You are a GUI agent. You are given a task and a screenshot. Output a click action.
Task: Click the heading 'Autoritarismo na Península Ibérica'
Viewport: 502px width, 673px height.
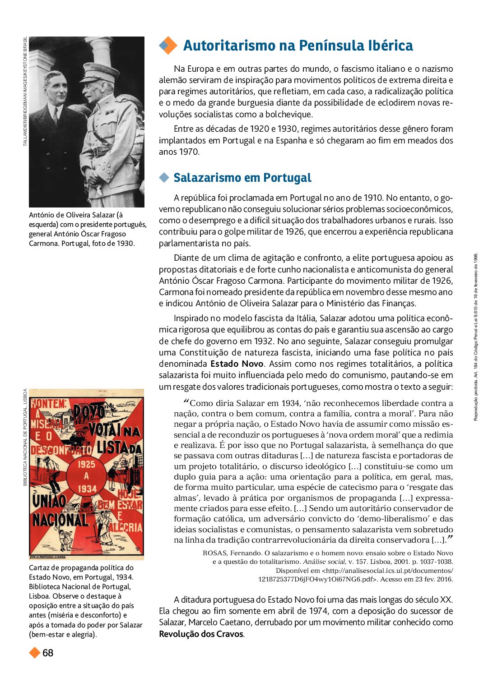point(298,46)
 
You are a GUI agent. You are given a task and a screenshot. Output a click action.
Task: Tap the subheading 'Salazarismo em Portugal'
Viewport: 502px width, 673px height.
point(242,178)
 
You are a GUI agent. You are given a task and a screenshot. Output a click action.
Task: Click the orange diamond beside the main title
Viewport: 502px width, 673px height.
point(168,45)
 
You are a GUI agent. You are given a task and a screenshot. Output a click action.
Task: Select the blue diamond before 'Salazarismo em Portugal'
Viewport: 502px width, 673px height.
point(164,178)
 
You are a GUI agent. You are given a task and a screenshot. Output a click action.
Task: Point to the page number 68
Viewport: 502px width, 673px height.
point(48,653)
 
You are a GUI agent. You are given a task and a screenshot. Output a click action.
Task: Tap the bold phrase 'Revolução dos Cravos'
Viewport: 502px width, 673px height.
point(201,634)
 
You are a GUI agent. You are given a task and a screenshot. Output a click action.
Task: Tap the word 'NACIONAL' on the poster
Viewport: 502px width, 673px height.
point(60,520)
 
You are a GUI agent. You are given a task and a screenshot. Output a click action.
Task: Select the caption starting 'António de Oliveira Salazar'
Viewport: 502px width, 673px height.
point(87,229)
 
